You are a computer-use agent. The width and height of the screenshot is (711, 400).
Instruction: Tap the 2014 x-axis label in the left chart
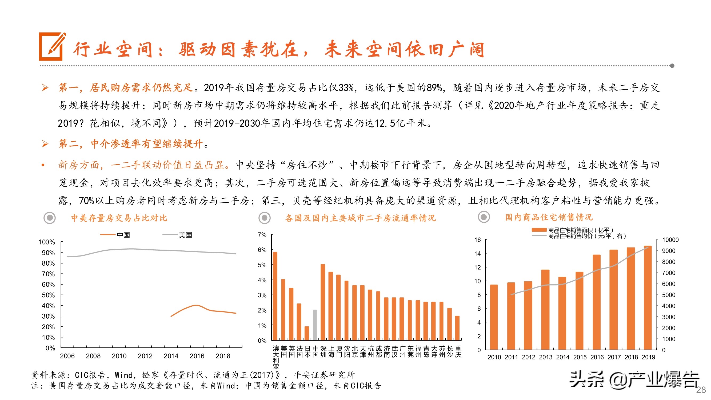click(x=171, y=356)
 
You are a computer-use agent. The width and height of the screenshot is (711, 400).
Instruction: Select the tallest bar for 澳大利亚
click(x=275, y=296)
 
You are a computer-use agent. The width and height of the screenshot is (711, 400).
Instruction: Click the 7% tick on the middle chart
click(x=262, y=235)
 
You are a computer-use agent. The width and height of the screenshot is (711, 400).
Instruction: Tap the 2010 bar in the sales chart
click(x=494, y=317)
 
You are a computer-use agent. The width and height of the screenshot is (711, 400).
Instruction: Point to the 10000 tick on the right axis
click(x=670, y=240)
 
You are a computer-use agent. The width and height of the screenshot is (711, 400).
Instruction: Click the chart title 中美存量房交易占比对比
click(x=119, y=218)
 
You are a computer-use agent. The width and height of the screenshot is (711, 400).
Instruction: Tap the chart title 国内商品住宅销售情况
click(x=549, y=217)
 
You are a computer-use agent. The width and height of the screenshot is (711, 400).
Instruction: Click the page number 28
click(x=701, y=390)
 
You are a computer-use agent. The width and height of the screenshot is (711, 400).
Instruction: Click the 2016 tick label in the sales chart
click(x=597, y=357)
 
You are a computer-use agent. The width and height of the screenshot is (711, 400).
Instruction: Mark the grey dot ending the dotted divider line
click(x=672, y=66)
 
